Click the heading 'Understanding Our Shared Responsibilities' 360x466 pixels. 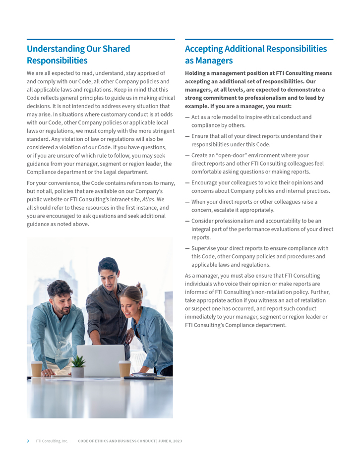[78, 55]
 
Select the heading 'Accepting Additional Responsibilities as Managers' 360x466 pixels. [255, 55]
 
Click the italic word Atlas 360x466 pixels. [149, 199]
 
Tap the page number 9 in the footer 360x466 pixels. [28, 441]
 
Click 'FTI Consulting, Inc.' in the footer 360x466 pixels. [52, 441]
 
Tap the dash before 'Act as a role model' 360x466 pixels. [187, 117]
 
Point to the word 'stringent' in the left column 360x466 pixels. [163, 131]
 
